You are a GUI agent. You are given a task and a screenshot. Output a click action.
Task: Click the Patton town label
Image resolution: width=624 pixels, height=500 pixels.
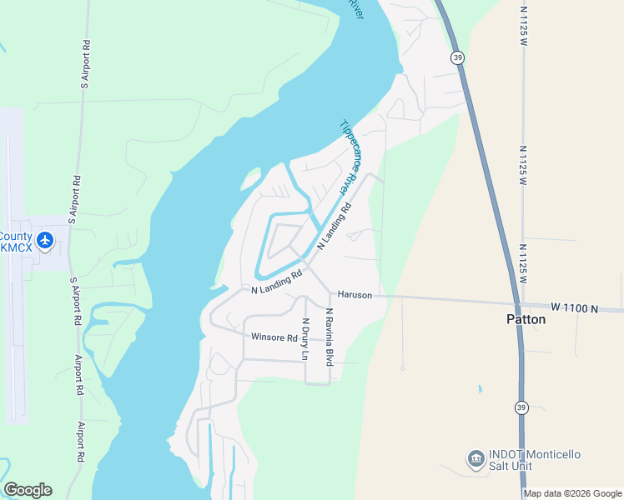[526, 319]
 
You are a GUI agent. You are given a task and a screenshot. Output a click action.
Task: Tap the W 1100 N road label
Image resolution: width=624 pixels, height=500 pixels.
[574, 308]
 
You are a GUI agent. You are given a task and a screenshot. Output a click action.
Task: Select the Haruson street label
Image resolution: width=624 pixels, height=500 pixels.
[355, 295]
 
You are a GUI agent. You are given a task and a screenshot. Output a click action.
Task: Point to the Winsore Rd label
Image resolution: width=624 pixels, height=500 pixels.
[274, 337]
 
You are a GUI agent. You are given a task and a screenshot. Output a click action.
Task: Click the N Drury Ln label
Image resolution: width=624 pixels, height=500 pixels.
[305, 339]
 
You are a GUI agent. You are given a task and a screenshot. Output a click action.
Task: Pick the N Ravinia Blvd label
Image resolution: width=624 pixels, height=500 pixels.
[330, 337]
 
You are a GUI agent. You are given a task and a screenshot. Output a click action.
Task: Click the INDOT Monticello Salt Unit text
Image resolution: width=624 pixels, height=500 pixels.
[534, 460]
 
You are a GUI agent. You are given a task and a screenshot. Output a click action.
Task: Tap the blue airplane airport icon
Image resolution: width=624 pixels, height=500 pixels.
[45, 242]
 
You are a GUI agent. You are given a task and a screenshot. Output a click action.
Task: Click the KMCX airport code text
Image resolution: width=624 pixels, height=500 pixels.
[17, 247]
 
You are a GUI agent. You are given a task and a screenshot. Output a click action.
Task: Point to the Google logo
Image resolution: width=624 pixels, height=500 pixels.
[28, 490]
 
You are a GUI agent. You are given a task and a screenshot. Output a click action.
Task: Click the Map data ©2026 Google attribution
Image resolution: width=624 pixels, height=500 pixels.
[572, 493]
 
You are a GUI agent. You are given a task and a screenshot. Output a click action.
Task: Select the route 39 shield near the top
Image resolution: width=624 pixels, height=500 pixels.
[456, 57]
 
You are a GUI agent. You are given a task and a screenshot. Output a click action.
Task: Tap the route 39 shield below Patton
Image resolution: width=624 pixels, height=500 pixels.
[521, 407]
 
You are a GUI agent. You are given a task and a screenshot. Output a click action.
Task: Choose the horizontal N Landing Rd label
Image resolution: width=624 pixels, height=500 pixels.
[276, 286]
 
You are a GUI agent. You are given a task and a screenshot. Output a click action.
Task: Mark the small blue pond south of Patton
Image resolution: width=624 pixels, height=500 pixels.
[480, 389]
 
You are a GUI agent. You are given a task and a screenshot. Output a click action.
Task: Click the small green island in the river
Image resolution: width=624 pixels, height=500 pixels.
[249, 178]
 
